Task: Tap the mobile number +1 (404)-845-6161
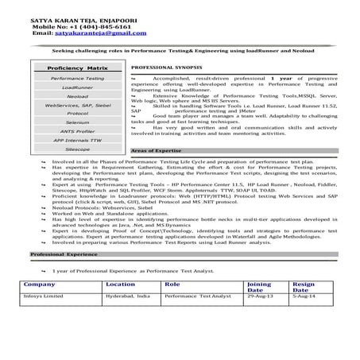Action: coord(75,24)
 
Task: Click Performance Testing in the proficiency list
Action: coord(76,79)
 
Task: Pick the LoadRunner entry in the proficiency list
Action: coord(76,88)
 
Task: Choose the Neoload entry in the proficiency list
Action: coord(76,97)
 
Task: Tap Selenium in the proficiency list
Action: coord(76,123)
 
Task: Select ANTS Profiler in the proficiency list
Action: coord(76,132)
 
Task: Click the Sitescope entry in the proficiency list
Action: coord(76,149)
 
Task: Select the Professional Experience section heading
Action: coord(63,254)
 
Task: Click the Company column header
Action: coord(40,284)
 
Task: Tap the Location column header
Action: coord(121,284)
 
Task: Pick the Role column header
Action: coord(172,284)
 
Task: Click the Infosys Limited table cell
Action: coord(46,295)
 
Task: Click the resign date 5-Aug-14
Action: coord(304,295)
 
